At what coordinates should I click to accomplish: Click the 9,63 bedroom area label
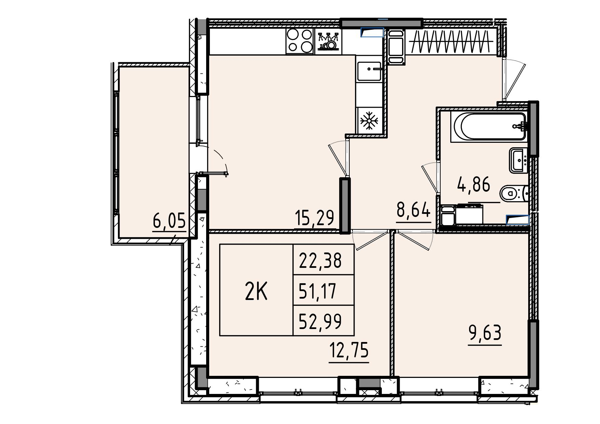(x=485, y=333)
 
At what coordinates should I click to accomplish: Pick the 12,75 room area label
(x=349, y=350)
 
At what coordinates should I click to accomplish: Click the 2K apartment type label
(x=256, y=292)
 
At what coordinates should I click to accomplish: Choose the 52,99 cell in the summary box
(x=320, y=322)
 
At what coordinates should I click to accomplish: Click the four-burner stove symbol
(x=300, y=41)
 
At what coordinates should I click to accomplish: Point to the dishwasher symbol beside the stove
(x=328, y=41)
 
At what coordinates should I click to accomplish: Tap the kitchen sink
(x=369, y=71)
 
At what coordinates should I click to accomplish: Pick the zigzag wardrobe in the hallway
(x=452, y=42)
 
